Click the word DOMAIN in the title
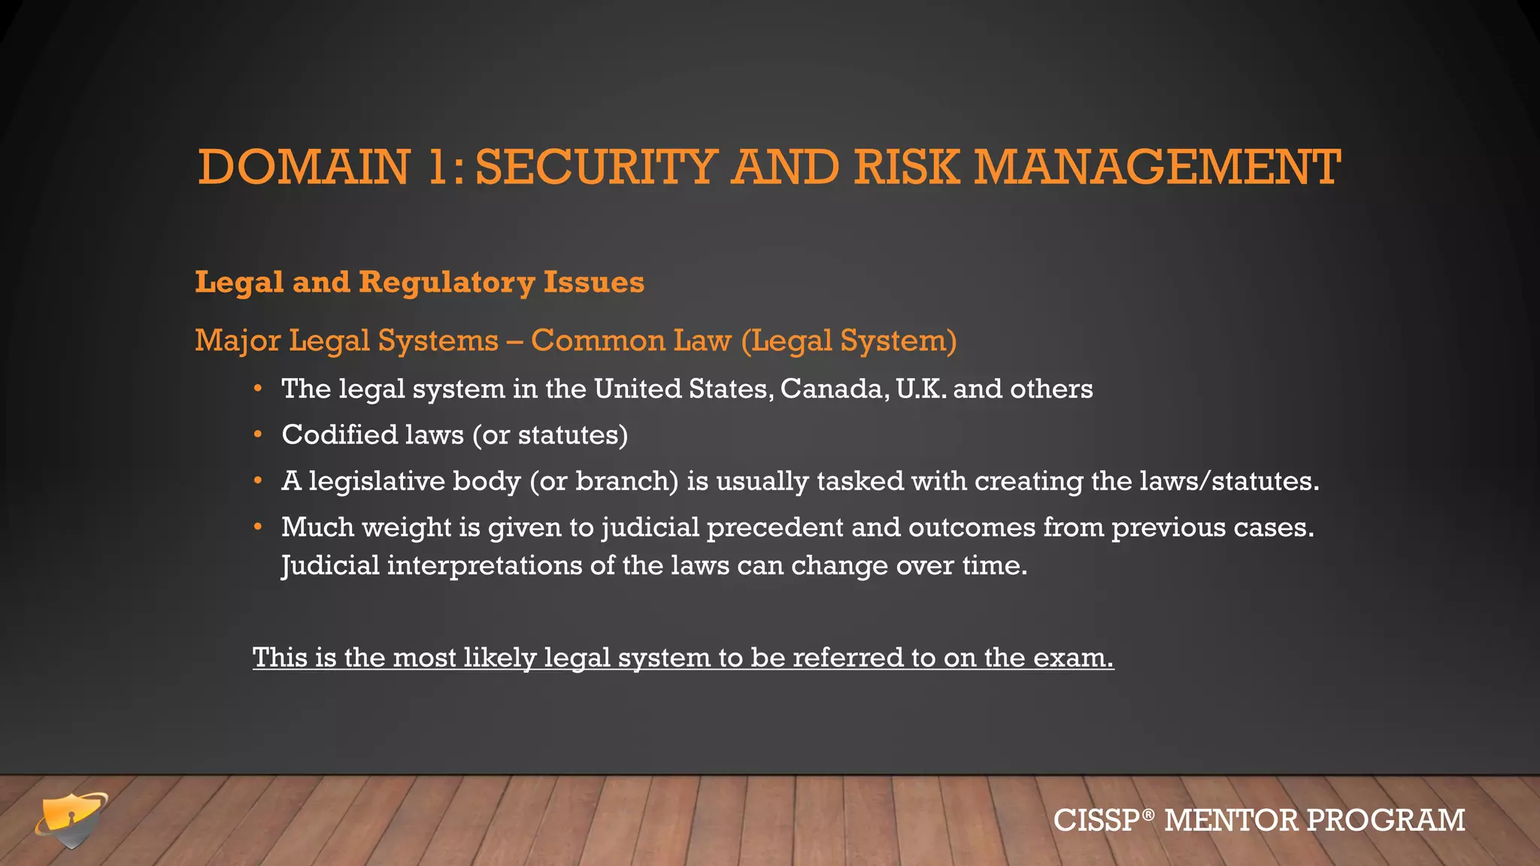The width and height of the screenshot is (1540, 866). click(304, 167)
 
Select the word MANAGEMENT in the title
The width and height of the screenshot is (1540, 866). click(1157, 167)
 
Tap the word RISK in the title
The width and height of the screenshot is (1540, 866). click(907, 167)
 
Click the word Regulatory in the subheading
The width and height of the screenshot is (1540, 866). click(447, 283)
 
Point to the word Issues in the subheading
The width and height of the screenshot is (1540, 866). click(594, 283)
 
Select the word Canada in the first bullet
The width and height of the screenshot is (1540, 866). click(834, 389)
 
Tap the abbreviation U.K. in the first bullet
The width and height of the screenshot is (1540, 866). click(921, 389)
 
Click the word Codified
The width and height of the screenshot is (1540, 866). click(339, 435)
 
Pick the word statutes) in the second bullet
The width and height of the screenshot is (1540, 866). click(573, 435)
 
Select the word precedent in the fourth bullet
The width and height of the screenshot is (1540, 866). click(775, 528)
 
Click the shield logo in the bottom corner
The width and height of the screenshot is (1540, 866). click(71, 819)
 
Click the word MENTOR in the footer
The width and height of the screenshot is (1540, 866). click(1231, 820)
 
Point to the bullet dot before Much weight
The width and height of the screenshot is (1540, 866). click(258, 527)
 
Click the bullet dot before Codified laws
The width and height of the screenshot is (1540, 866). click(258, 435)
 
